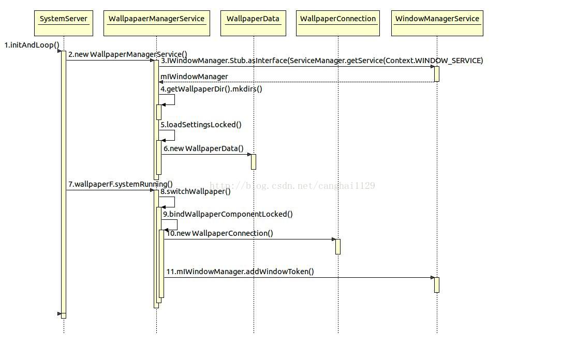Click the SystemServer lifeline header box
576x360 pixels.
click(64, 23)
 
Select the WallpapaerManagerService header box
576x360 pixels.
click(157, 23)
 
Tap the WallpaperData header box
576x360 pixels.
click(253, 23)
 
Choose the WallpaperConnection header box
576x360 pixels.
click(338, 23)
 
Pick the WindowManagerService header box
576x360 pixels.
click(437, 23)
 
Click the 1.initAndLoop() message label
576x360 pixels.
click(32, 45)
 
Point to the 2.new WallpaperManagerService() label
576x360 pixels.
click(128, 54)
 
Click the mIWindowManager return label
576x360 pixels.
click(194, 77)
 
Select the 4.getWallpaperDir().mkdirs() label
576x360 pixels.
click(211, 89)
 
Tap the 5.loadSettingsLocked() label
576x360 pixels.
click(201, 125)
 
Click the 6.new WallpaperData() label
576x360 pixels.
click(203, 148)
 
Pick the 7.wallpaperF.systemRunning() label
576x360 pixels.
click(121, 184)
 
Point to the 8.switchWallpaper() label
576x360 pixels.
click(196, 191)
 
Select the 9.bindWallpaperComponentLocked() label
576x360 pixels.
click(228, 214)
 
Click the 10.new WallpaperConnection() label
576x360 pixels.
click(219, 233)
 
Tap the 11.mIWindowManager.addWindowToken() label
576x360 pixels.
click(240, 272)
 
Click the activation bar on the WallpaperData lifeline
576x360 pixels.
click(254, 162)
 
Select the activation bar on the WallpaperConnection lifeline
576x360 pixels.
click(338, 247)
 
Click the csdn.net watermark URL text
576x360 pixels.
click(292, 186)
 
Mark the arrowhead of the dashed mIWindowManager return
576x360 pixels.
click(161, 82)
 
